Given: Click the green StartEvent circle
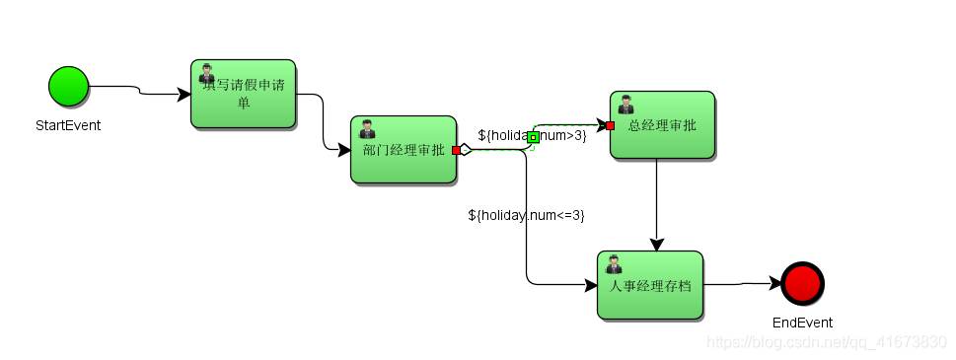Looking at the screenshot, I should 68,86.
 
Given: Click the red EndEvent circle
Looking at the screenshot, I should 801,283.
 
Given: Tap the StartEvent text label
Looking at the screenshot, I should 68,125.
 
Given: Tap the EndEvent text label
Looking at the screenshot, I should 802,323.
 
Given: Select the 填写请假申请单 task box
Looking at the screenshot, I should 243,94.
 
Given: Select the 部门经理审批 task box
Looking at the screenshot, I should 404,150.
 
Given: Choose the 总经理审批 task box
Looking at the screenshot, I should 662,125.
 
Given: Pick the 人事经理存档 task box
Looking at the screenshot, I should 649,285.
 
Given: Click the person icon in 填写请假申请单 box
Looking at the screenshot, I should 207,73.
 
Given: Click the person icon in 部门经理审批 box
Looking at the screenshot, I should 367,129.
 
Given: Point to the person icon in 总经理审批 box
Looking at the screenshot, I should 625,105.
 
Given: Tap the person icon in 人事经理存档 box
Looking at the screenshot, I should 614,264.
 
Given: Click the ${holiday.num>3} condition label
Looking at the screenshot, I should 532,135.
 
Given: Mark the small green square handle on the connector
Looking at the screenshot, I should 533,137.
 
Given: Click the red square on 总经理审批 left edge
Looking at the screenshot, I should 611,125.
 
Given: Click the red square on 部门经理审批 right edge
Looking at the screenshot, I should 456,150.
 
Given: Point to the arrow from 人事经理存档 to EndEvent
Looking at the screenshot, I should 742,284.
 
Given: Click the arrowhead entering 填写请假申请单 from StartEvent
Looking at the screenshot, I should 184,95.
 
